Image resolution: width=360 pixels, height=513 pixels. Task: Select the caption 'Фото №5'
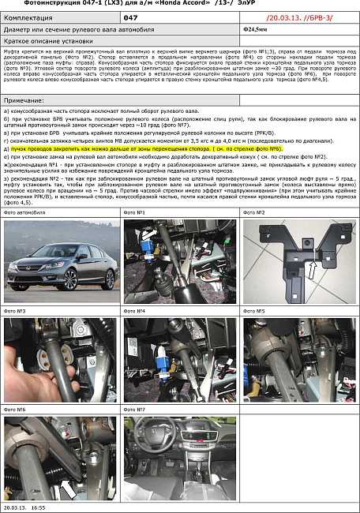[255, 311]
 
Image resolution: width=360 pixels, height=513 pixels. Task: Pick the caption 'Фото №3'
[15, 311]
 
